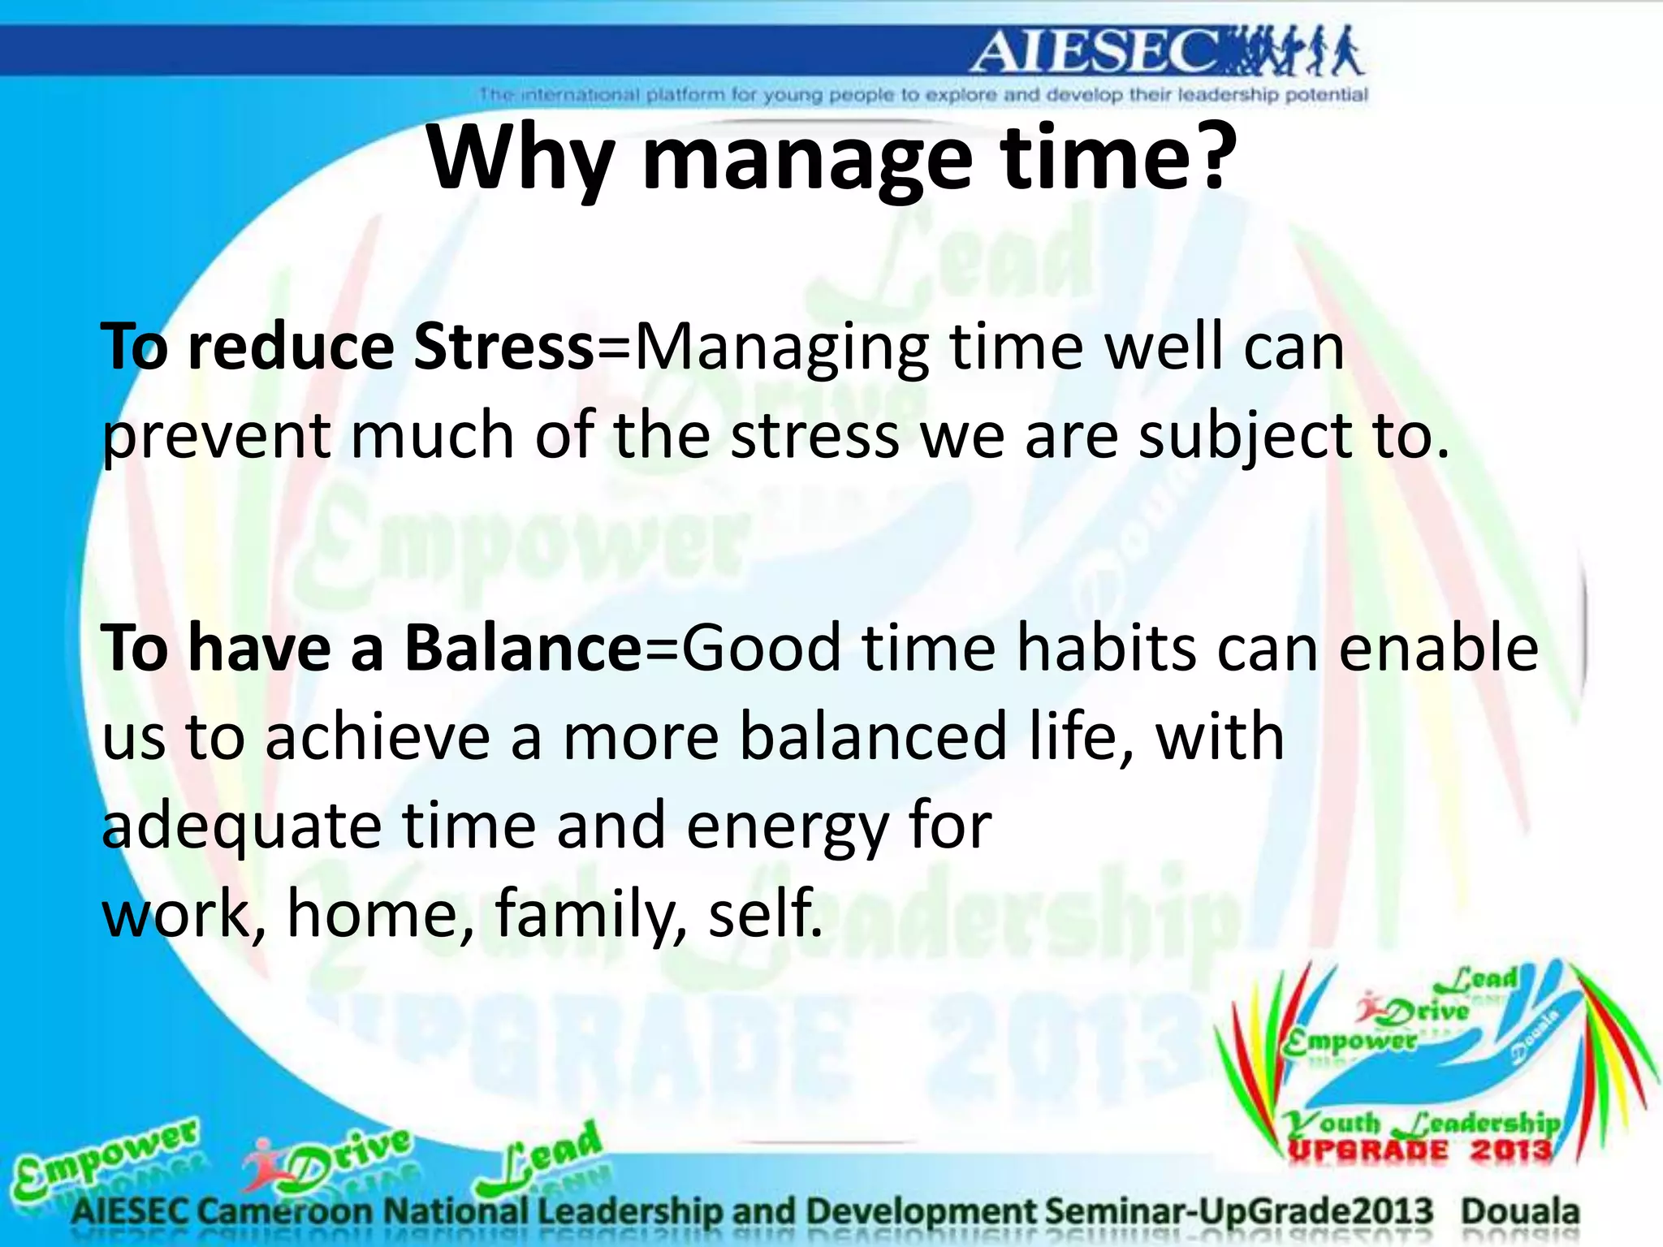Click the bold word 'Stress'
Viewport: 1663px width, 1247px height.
[504, 347]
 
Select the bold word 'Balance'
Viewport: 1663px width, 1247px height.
[523, 649]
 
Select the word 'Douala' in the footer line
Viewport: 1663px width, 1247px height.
[1520, 1212]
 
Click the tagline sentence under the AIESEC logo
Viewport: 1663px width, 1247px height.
[923, 95]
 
